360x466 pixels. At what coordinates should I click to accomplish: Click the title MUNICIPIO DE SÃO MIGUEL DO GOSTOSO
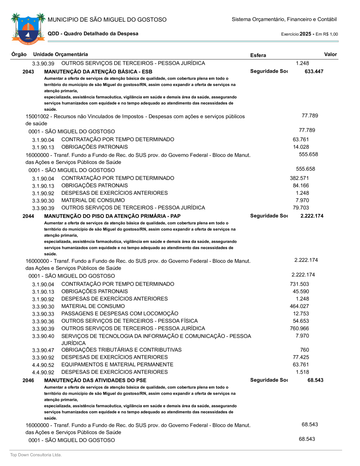pos(107,20)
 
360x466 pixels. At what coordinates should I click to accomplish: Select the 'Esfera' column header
pos(258,55)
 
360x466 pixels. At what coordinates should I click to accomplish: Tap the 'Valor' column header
pos(330,54)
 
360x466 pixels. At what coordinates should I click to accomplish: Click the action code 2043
pos(28,72)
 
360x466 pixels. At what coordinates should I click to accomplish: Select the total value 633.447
pos(314,72)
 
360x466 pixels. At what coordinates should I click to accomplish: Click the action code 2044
pos(28,216)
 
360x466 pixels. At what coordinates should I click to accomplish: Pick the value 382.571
pos(299,178)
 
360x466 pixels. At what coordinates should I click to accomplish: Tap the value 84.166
pos(301,186)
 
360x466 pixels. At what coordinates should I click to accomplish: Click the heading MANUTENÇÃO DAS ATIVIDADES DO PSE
pos(95,380)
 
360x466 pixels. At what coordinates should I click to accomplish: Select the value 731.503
pos(299,284)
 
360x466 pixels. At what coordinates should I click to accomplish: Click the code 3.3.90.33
pos(43,314)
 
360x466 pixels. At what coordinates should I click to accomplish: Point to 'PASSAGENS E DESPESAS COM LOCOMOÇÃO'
pos(120,313)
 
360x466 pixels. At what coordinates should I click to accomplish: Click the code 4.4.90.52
pos(43,365)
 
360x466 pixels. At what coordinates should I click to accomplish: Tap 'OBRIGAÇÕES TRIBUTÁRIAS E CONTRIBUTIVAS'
pos(121,350)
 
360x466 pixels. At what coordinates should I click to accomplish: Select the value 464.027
pos(299,306)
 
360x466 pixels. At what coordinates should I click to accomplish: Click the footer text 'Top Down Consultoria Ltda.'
pos(36,455)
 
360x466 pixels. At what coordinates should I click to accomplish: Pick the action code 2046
pos(28,380)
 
